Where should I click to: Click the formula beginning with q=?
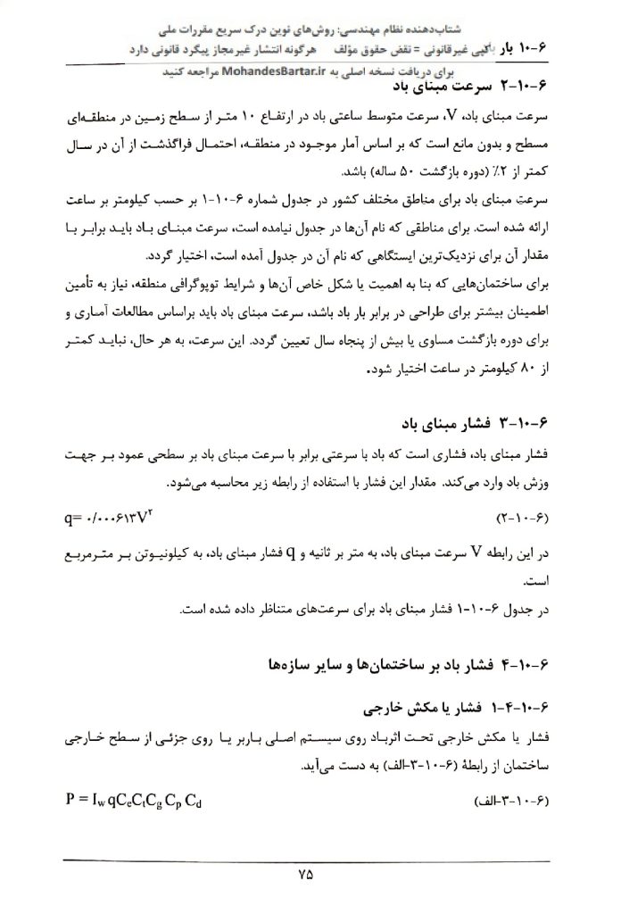click(x=111, y=517)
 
